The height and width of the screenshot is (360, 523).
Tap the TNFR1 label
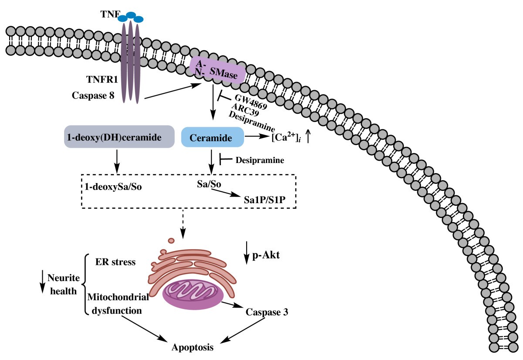(x=100, y=80)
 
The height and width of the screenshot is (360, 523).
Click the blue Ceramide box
(x=212, y=138)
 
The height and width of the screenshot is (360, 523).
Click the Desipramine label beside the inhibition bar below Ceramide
(x=259, y=160)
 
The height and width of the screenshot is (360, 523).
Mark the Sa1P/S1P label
(x=262, y=202)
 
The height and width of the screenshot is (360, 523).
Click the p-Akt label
(x=266, y=255)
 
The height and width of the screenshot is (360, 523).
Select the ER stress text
(x=115, y=262)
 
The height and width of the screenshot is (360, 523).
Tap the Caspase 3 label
(x=267, y=312)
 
